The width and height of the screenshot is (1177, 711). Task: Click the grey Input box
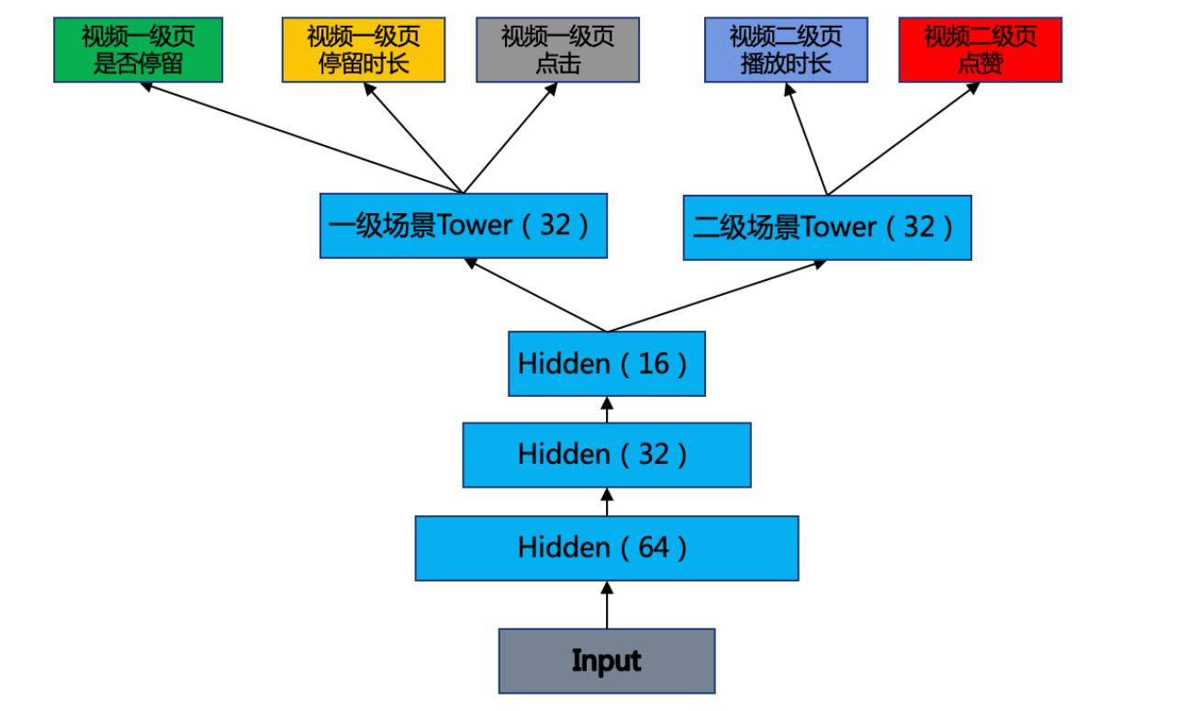[x=606, y=660]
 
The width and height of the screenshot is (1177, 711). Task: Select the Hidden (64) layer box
[x=606, y=547]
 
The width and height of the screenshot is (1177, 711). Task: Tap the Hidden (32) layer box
[x=606, y=455]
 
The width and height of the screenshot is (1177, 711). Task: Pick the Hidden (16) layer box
[x=606, y=364]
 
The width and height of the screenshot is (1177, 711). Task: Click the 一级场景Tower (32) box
[x=463, y=225]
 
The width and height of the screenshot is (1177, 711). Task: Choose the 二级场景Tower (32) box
[x=826, y=227]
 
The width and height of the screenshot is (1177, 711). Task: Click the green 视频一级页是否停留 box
[x=138, y=50]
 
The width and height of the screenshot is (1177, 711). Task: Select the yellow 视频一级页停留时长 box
[x=363, y=50]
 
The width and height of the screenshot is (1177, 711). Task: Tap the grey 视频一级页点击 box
[x=557, y=50]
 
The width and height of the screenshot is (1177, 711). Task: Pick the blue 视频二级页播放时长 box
[x=785, y=50]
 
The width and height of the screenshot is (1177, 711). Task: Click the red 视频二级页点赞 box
[x=980, y=50]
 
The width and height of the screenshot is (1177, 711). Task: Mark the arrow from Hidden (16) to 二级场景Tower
[x=716, y=295]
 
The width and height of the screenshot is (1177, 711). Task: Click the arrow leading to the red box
[x=903, y=139]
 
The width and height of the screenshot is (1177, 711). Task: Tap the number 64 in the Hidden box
[x=653, y=547]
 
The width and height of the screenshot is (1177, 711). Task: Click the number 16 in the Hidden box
[x=653, y=364]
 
